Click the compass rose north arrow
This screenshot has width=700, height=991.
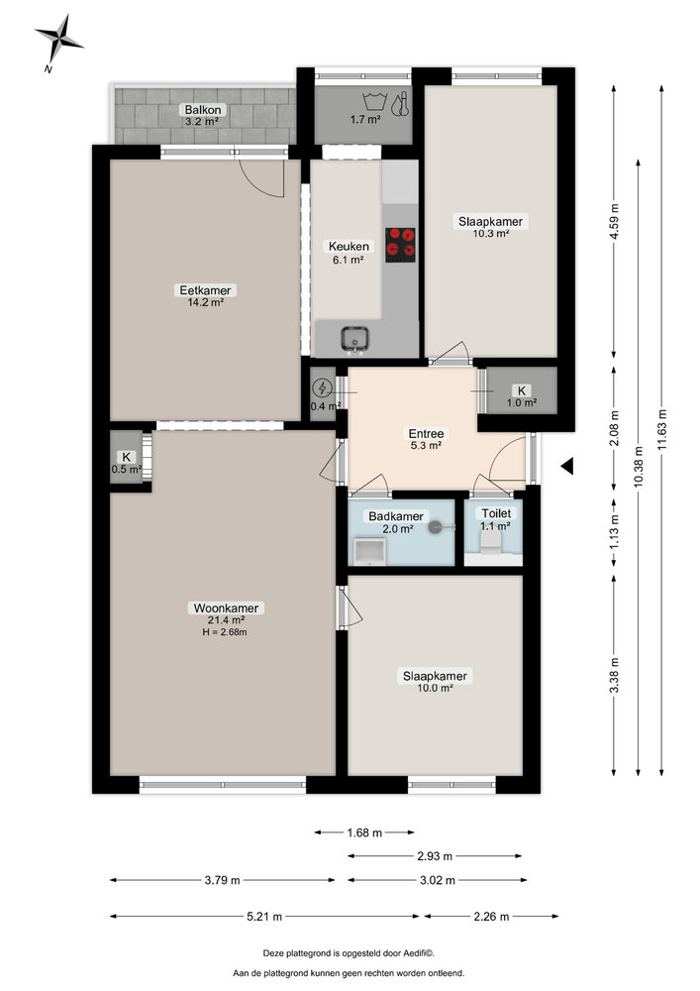[x=57, y=38]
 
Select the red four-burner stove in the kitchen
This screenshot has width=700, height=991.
[x=400, y=243]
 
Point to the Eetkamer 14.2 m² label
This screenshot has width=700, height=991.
[x=205, y=296]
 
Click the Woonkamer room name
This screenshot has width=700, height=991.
[x=220, y=608]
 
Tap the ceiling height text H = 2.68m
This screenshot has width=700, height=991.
[x=220, y=632]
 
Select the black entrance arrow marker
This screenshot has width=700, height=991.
[x=565, y=465]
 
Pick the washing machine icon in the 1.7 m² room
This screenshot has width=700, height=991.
[x=374, y=100]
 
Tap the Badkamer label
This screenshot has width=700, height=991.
[x=396, y=516]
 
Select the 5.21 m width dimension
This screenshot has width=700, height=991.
[x=263, y=917]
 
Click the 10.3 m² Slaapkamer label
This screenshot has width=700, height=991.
[x=490, y=228]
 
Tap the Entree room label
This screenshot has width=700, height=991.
[x=427, y=439]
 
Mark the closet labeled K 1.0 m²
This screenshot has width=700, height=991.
[x=522, y=396]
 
